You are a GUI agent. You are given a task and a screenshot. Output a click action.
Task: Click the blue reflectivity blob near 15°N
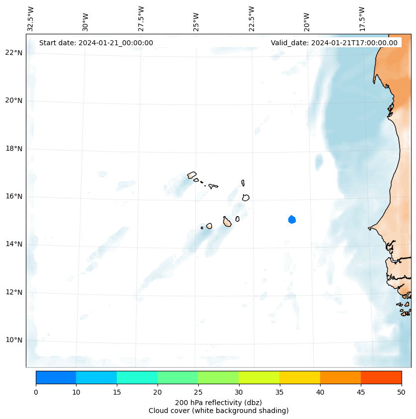coord(292,219)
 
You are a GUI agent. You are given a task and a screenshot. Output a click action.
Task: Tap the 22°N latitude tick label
coord(14,53)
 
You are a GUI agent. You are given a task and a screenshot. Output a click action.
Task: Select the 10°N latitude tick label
coord(14,340)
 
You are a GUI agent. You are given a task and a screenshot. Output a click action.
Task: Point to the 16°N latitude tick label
coord(14,196)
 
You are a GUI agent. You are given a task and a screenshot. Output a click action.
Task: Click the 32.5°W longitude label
coord(30,18)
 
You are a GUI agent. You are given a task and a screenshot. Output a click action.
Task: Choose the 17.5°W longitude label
coord(362,18)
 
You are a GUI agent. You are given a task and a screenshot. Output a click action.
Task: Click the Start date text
coord(96,43)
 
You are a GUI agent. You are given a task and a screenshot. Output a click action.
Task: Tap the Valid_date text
coord(334,43)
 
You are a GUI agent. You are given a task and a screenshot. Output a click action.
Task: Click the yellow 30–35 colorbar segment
coord(258,377)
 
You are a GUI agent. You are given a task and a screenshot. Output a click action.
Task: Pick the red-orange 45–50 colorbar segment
coord(381,377)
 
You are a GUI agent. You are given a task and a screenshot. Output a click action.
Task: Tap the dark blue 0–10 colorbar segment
coord(56,377)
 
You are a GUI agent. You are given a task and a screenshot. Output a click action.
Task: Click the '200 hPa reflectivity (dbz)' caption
coord(218,402)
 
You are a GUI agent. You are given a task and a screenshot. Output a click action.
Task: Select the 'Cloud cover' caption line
coord(218,411)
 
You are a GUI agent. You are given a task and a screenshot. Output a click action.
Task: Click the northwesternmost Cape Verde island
coord(192,175)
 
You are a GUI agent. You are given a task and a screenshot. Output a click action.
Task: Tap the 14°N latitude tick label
coord(14,244)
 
